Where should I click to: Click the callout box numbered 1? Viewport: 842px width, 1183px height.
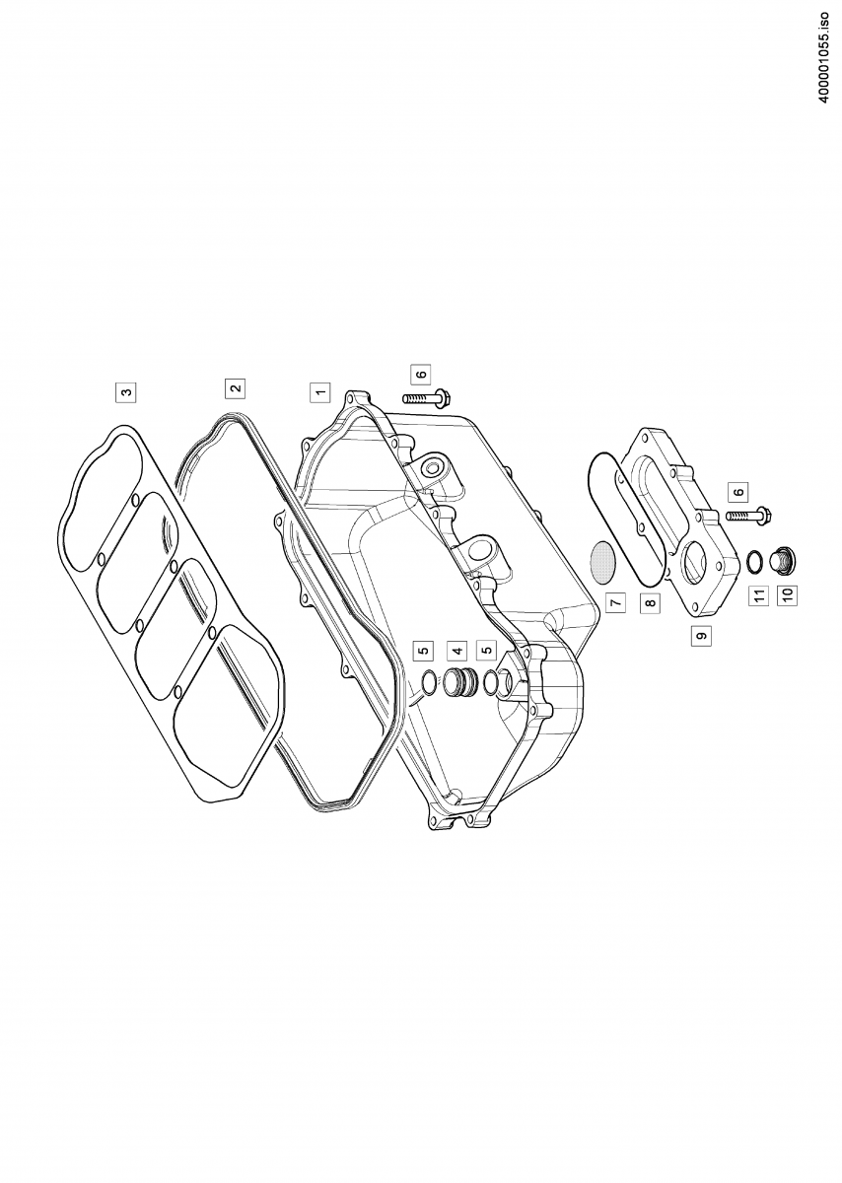[319, 392]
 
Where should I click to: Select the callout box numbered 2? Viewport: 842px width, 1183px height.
[235, 387]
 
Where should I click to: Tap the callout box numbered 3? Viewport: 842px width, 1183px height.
[126, 392]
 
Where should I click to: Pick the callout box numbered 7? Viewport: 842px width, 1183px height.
[615, 602]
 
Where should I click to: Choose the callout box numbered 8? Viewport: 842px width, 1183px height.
[651, 602]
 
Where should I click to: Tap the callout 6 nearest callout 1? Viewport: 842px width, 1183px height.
[421, 374]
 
